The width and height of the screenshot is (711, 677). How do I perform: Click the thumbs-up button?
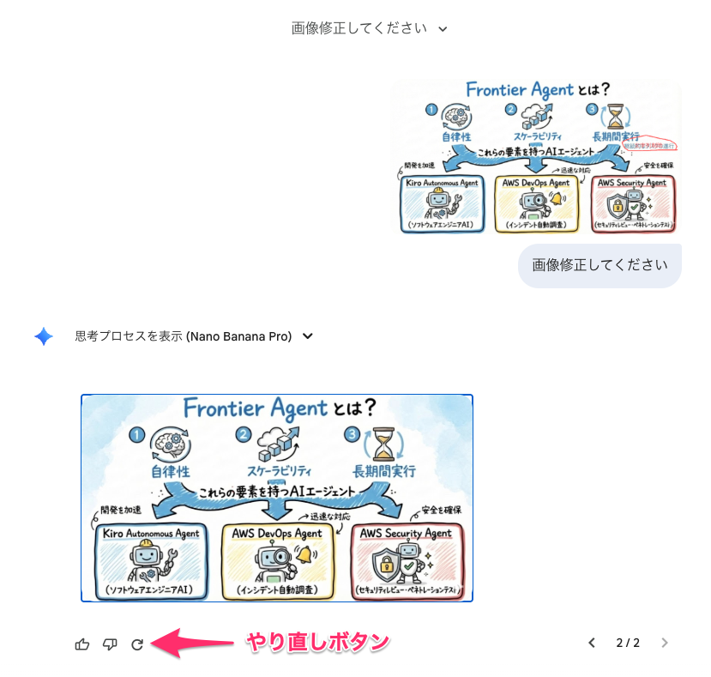pyautogui.click(x=82, y=644)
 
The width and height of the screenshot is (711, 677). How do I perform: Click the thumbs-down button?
pyautogui.click(x=110, y=644)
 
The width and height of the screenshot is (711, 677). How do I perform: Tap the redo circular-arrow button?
pyautogui.click(x=137, y=644)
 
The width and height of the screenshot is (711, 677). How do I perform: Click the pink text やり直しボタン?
pyautogui.click(x=318, y=641)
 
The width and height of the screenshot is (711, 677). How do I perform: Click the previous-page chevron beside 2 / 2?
pyautogui.click(x=591, y=643)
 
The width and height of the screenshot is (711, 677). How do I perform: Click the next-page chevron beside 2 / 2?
pyautogui.click(x=665, y=643)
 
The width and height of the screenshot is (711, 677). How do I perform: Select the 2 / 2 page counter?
pyautogui.click(x=628, y=643)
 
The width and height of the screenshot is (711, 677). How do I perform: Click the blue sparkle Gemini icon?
pyautogui.click(x=44, y=336)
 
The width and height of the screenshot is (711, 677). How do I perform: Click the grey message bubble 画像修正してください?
pyautogui.click(x=600, y=264)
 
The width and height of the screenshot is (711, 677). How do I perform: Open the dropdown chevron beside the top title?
pyautogui.click(x=443, y=29)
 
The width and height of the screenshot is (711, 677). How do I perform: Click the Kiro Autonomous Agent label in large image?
pyautogui.click(x=151, y=534)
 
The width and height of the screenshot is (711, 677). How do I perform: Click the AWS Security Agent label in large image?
pyautogui.click(x=406, y=534)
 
